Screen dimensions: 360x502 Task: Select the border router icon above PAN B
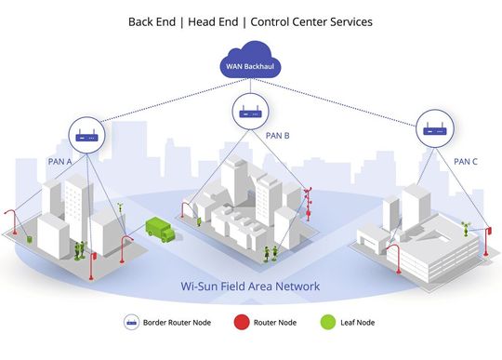point(248,114)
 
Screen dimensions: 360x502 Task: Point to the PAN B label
point(278,136)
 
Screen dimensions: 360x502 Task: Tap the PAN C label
point(466,161)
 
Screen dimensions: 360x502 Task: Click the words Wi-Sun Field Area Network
point(250,287)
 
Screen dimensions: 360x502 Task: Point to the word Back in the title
point(144,20)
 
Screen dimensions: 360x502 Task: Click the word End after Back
point(173,20)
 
